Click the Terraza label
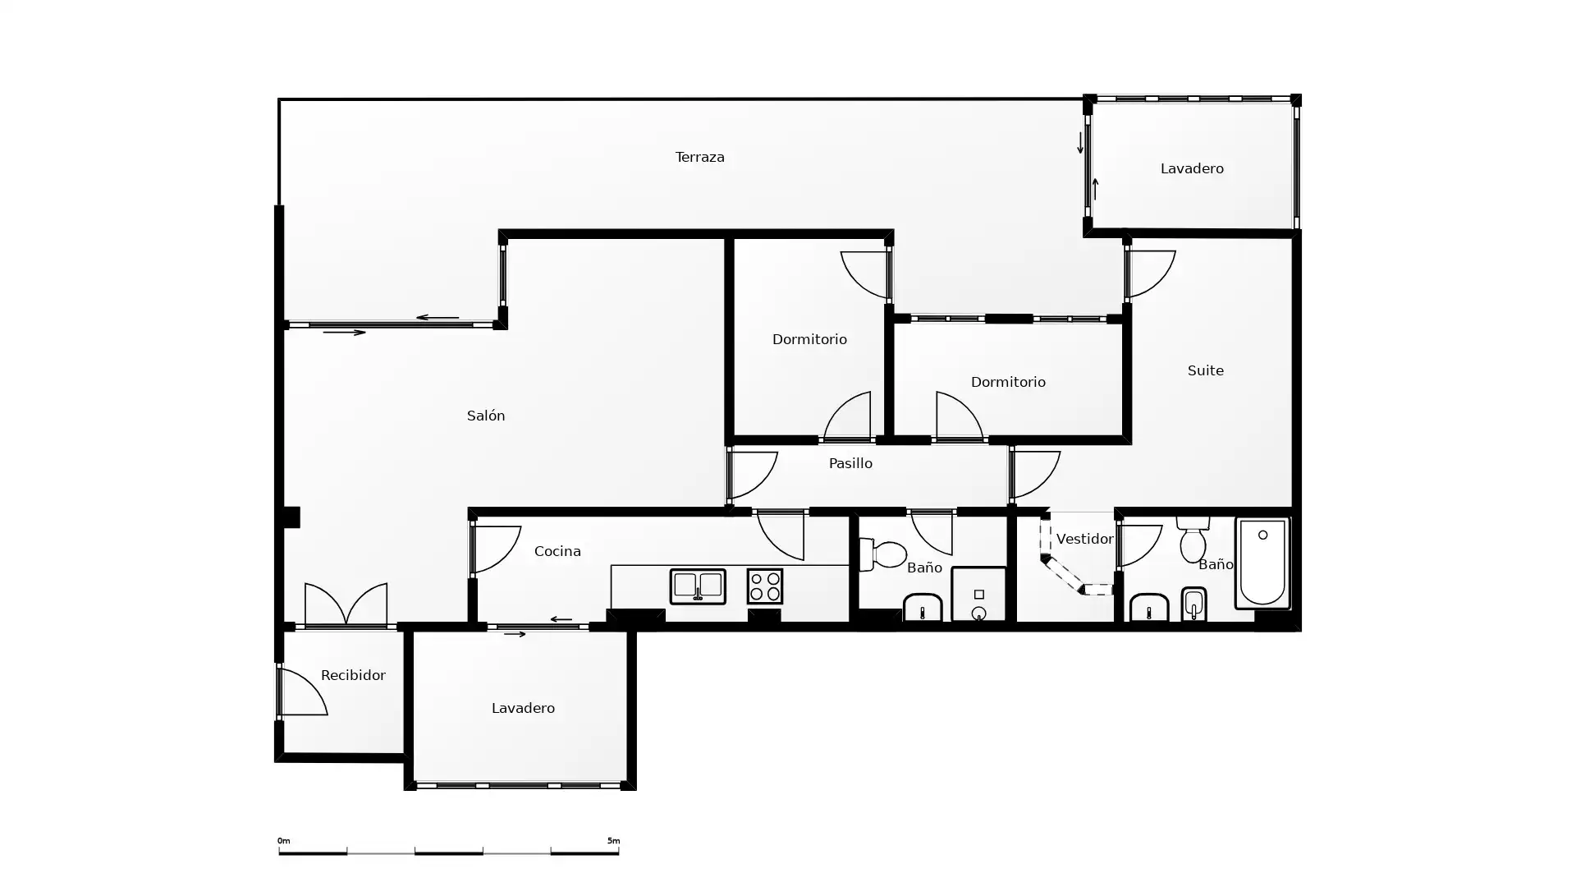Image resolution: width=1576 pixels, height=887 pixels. pos(699,157)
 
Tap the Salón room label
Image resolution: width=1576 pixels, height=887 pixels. pos(486,416)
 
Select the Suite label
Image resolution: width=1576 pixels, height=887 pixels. pos(1205,370)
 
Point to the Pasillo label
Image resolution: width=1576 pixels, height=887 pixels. pos(850,463)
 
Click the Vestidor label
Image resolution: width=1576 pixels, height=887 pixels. pos(1084,539)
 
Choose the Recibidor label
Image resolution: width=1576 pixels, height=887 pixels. pos(353,675)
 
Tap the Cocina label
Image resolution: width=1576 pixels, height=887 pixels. pos(557,551)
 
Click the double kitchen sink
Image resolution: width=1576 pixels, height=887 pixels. pos(698,586)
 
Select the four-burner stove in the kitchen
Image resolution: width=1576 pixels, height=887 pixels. pos(765,586)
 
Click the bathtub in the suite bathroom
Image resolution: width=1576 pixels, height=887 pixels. pos(1262,563)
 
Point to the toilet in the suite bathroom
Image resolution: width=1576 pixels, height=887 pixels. pos(1193,539)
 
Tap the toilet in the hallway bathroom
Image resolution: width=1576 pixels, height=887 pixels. pos(882,554)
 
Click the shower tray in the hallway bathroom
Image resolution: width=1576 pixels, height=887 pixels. pos(978,594)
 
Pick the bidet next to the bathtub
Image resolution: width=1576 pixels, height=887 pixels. pos(1193,604)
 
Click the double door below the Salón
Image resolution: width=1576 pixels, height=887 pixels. pos(346,605)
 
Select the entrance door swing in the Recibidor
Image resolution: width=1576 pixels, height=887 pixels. pos(302,692)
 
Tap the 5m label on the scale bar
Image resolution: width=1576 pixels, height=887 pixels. pos(613,841)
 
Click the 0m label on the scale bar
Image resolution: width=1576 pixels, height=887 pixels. pos(283,841)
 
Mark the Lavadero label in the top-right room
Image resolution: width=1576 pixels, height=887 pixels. pos(1192,168)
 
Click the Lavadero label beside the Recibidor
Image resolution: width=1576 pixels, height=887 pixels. pos(523,708)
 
